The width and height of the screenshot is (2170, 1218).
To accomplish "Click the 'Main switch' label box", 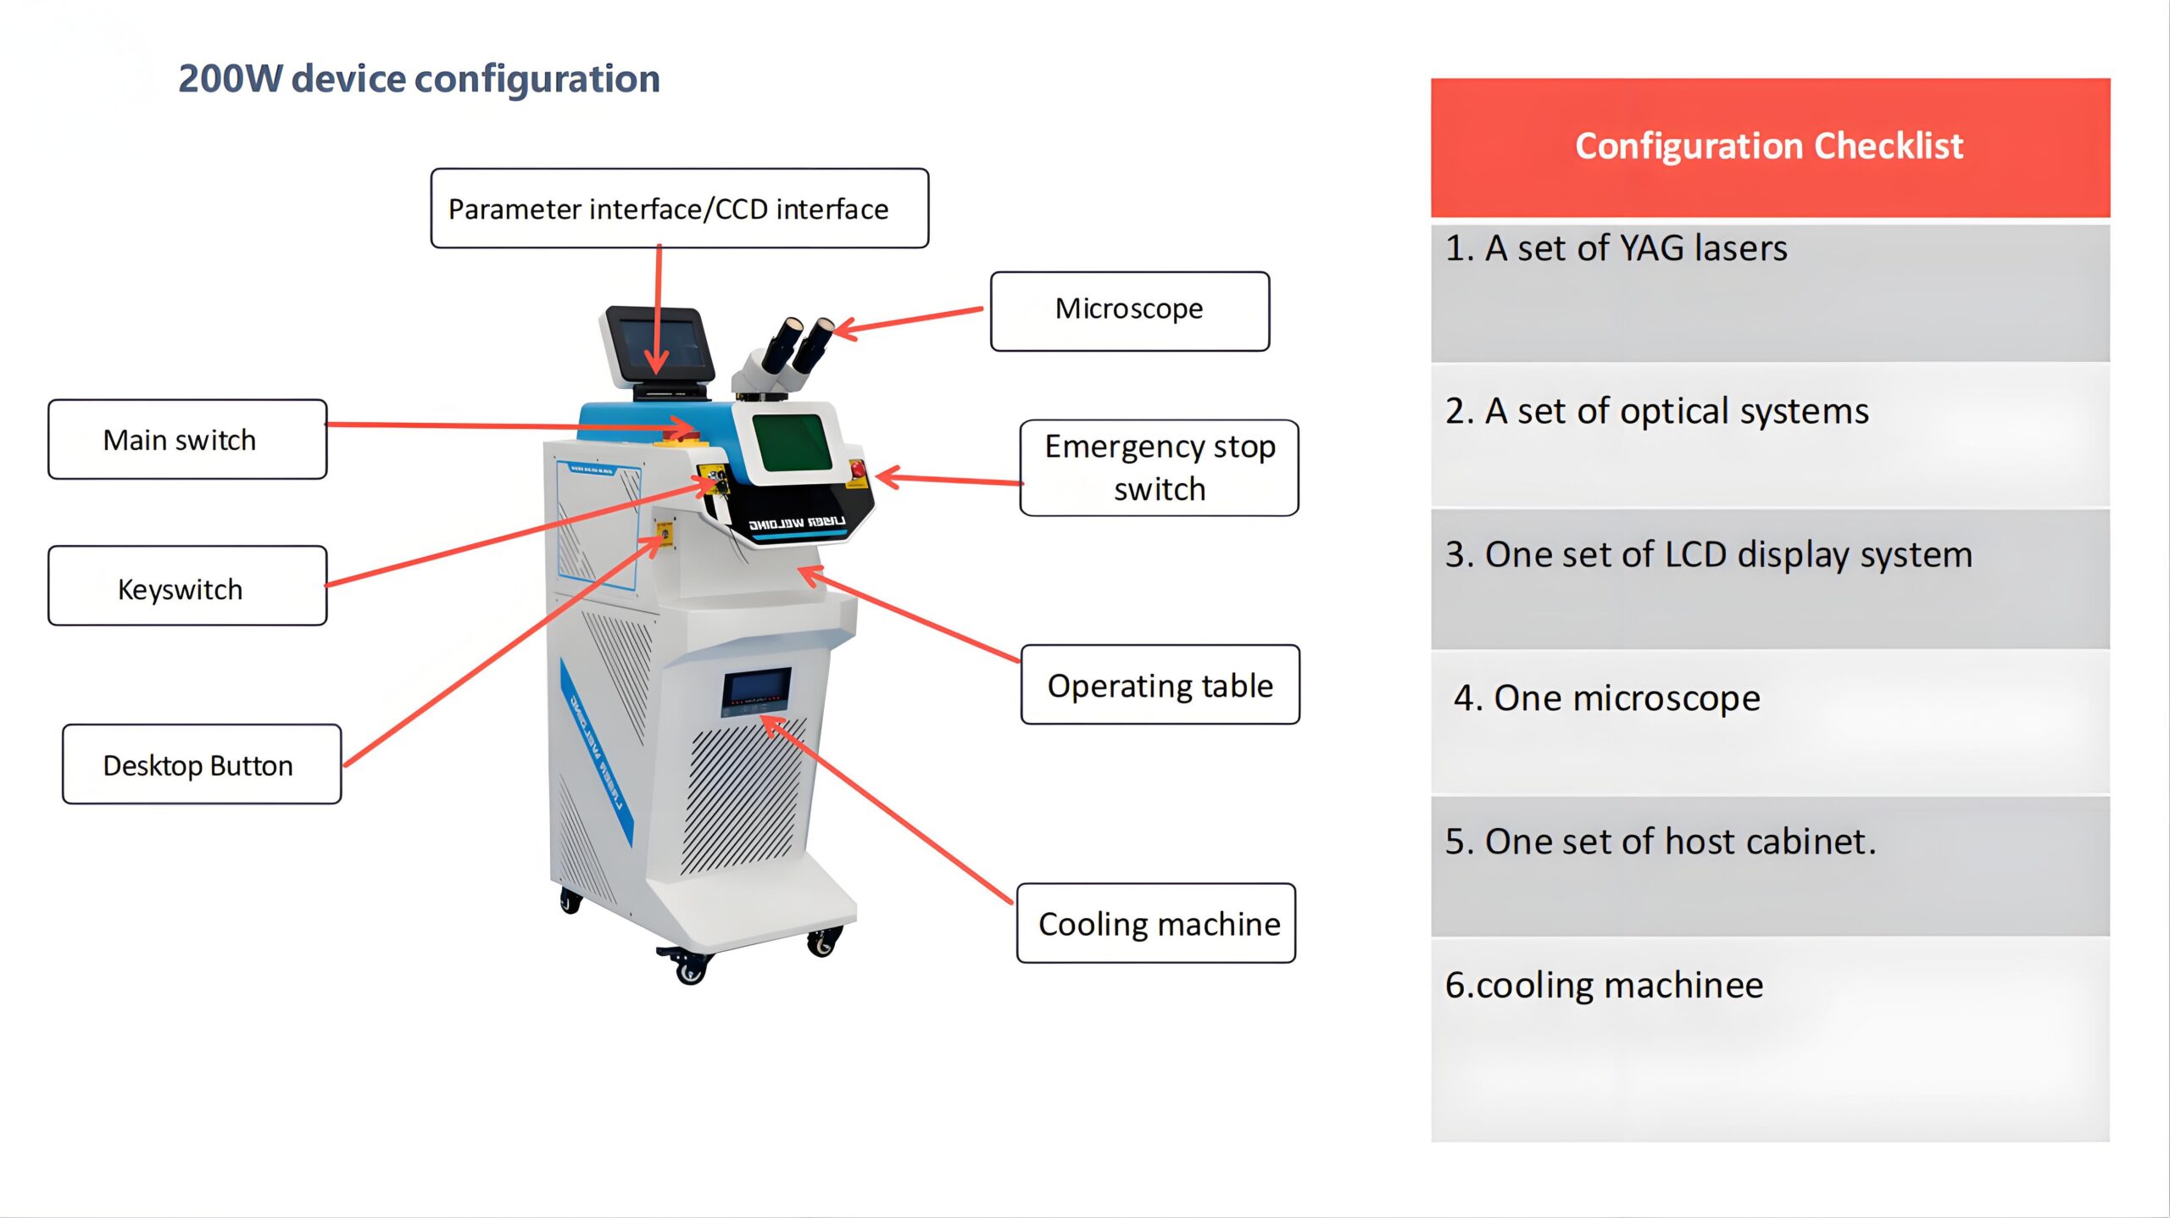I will pyautogui.click(x=187, y=440).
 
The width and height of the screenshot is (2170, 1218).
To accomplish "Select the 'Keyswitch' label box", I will pyautogui.click(x=187, y=587).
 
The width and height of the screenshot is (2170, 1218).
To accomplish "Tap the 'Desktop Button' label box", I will pyautogui.click(x=202, y=765).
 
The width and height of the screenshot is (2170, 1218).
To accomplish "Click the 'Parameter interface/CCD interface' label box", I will pyautogui.click(x=679, y=209).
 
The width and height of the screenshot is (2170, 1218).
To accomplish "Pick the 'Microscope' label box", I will pyautogui.click(x=1129, y=311).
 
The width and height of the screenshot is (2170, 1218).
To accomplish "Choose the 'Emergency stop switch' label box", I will pyautogui.click(x=1159, y=468).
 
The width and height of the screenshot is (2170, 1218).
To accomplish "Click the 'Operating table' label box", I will pyautogui.click(x=1160, y=685).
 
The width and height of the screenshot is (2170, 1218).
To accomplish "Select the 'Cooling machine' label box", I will pyautogui.click(x=1156, y=923).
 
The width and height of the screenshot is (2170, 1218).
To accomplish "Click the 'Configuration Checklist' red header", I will pyautogui.click(x=1769, y=147).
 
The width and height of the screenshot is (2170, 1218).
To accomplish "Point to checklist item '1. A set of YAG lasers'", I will pyautogui.click(x=1616, y=249).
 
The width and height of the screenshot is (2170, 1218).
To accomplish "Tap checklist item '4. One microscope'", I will pyautogui.click(x=1606, y=698).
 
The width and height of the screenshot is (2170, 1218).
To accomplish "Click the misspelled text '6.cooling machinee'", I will pyautogui.click(x=1604, y=985).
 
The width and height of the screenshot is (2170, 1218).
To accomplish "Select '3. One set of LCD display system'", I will pyautogui.click(x=1708, y=555).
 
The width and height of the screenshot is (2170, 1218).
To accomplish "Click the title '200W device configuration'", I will pyautogui.click(x=419, y=79).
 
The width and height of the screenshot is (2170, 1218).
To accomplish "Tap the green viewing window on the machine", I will pyautogui.click(x=792, y=442).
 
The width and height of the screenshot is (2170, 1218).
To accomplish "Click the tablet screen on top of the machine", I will pyautogui.click(x=662, y=342).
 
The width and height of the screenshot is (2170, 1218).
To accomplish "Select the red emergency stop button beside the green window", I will pyautogui.click(x=857, y=469).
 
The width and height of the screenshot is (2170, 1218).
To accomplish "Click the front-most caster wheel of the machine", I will pyautogui.click(x=691, y=968).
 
